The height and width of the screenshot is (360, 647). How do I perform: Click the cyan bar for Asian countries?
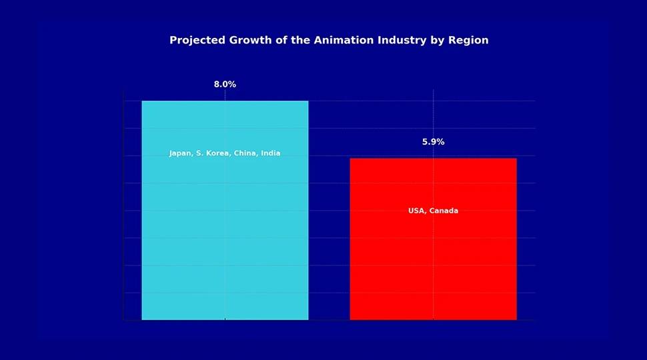[x=225, y=233]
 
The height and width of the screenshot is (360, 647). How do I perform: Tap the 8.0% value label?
[x=225, y=85]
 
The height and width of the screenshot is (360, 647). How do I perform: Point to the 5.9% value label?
[x=433, y=142]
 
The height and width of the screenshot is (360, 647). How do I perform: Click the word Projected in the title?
[x=198, y=40]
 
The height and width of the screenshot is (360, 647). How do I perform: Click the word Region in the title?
[x=467, y=40]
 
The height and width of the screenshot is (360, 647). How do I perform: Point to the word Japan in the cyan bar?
[x=180, y=153]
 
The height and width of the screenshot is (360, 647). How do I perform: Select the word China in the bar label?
[x=245, y=153]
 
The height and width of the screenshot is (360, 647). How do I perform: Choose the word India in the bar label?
[x=271, y=153]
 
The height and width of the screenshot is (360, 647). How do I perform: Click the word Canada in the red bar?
[x=444, y=211]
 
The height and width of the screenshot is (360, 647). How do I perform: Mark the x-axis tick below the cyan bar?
[x=225, y=321]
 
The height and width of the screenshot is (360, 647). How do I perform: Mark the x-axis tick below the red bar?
[x=433, y=321]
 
